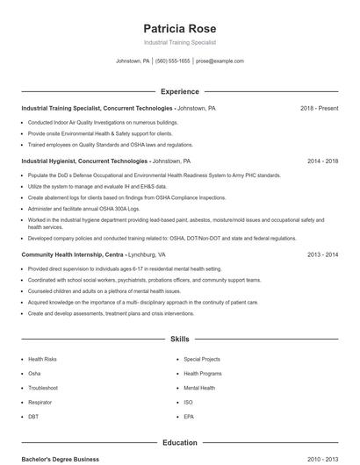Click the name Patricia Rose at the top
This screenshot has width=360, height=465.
point(179,27)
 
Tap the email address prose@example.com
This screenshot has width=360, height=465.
point(220,61)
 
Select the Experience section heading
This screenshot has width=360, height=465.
point(179,91)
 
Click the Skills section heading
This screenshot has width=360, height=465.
point(179,339)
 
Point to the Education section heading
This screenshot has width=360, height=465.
point(179,443)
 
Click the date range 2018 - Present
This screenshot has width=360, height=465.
point(319,109)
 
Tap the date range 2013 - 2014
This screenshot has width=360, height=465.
point(322,254)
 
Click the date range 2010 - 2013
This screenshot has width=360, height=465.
point(322,459)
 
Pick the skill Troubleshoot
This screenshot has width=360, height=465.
point(43,388)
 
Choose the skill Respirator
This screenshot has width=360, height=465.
point(40,402)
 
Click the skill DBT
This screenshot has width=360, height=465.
point(33,416)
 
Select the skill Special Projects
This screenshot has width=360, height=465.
point(202,360)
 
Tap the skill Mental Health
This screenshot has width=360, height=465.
point(199,388)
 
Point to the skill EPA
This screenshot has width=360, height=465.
point(189,416)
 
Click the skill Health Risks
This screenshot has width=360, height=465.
point(42,360)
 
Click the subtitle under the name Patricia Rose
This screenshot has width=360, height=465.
point(179,42)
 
